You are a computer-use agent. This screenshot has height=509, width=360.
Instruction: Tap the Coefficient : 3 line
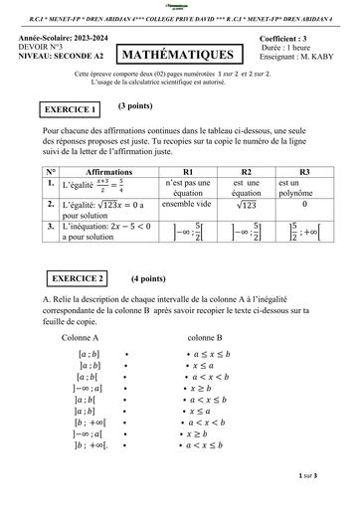pos(303,39)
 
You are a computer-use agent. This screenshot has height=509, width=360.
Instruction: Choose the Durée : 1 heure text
pos(302,48)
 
